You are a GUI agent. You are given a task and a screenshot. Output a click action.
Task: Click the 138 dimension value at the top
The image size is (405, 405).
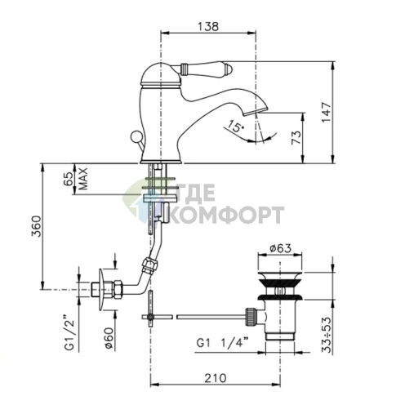click(208, 26)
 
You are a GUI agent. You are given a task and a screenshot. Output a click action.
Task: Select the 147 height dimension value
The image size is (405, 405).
click(327, 113)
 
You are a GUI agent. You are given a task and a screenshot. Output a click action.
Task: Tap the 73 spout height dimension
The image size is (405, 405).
click(296, 137)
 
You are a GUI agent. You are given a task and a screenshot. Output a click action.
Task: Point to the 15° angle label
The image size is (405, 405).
click(235, 126)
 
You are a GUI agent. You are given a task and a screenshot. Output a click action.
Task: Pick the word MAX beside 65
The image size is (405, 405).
click(82, 179)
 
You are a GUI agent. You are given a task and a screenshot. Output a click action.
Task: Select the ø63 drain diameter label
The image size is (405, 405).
click(280, 248)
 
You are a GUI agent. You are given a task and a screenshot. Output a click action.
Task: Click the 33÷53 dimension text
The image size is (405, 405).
click(327, 335)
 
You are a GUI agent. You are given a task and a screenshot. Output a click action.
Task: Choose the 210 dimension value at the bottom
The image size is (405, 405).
click(216, 378)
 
